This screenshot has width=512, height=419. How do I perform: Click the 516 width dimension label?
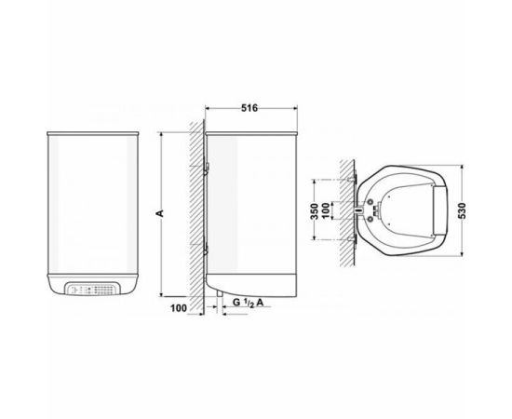[249, 108]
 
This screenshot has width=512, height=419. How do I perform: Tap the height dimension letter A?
[160, 213]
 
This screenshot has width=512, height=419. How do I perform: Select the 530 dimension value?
[463, 210]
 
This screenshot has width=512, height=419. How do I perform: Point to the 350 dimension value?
[314, 211]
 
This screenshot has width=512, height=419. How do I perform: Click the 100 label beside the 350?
[325, 211]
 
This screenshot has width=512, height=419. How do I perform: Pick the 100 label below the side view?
[179, 308]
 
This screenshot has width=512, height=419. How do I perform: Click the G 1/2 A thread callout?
[248, 303]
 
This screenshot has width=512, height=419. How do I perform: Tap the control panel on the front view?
[93, 289]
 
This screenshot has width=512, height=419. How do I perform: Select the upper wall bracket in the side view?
[206, 166]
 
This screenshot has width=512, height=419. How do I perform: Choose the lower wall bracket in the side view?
[206, 246]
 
